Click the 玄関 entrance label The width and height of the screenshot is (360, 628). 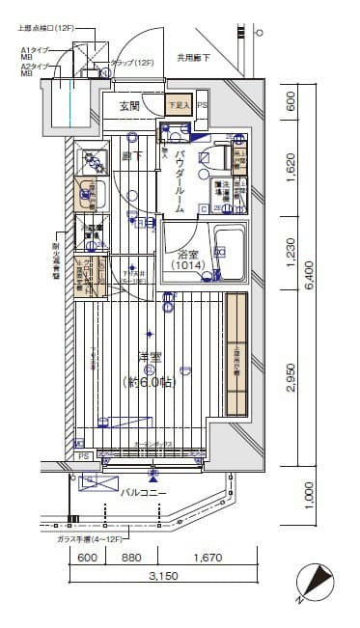click(129, 105)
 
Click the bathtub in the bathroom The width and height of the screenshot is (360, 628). click(231, 252)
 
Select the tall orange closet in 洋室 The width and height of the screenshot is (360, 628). click(237, 356)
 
